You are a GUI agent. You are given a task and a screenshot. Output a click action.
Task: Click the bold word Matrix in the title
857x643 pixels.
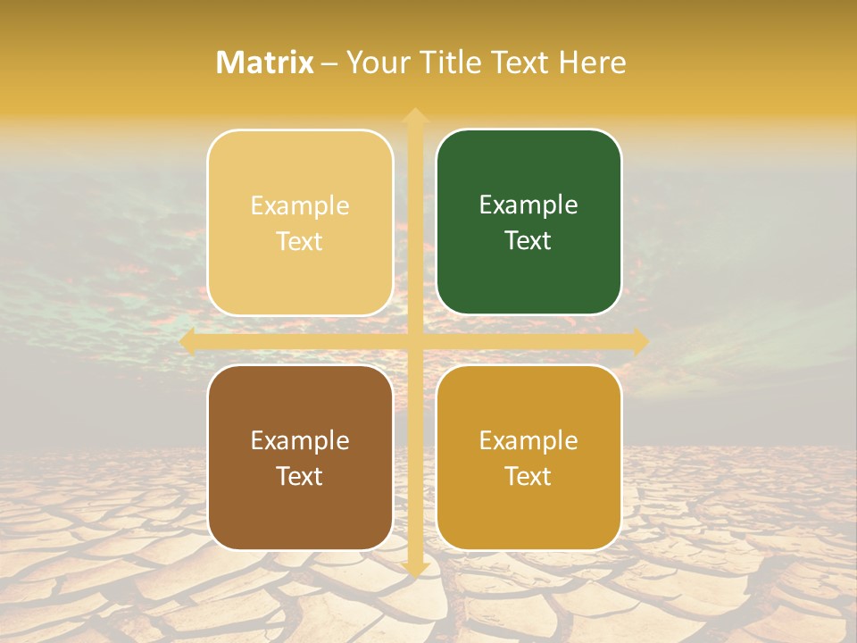point(265,63)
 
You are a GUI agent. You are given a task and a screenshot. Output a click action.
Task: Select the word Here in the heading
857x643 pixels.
point(593,63)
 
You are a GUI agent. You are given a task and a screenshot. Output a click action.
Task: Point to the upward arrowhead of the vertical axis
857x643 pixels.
point(414,116)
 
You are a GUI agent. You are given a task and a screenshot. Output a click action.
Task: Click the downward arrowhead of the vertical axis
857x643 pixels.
point(414,568)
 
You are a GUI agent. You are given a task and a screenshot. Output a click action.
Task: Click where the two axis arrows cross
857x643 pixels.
point(414,341)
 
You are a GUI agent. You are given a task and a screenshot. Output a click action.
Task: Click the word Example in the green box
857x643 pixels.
point(528,205)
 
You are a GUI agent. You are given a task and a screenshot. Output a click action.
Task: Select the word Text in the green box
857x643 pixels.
point(528,241)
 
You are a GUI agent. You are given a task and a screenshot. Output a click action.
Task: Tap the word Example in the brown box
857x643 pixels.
point(300,441)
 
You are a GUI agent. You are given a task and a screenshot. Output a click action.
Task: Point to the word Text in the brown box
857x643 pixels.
point(300,477)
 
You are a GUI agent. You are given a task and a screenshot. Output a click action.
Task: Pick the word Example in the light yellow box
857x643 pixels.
point(300,206)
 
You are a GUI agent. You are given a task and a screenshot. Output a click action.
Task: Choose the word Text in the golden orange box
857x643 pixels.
point(528,477)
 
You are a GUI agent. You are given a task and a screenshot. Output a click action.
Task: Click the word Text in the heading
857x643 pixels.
point(518,63)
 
